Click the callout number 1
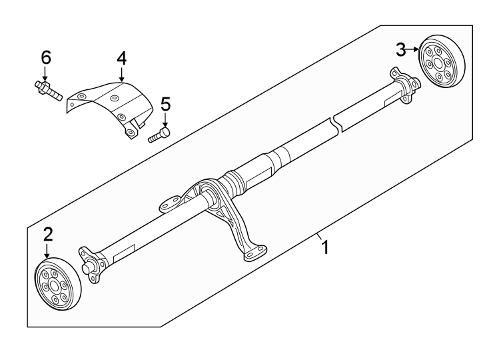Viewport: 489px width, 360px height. [x=325, y=248]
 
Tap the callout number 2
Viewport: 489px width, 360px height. [x=47, y=234]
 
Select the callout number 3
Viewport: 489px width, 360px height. [x=401, y=49]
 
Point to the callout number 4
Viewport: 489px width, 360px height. [x=121, y=59]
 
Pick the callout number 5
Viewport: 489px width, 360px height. [x=165, y=105]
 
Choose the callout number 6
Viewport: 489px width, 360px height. [x=45, y=58]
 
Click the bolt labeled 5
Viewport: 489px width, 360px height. [x=159, y=135]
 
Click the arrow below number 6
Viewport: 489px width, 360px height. [x=45, y=75]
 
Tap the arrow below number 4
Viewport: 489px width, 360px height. [x=121, y=75]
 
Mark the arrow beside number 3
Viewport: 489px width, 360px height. [x=414, y=49]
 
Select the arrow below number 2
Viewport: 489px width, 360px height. [x=47, y=251]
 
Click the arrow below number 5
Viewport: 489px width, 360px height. [x=165, y=121]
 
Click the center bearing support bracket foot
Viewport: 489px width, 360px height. [x=253, y=253]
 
